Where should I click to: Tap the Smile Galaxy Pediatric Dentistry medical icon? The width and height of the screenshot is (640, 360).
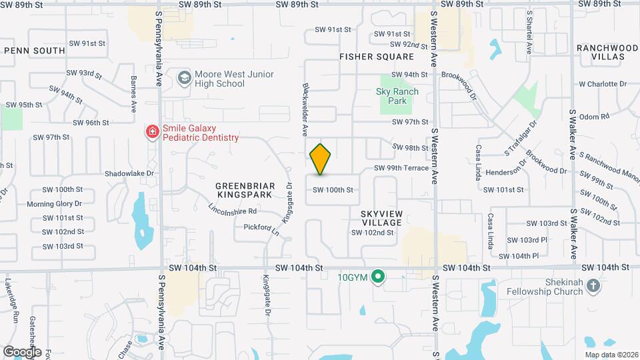[153, 132]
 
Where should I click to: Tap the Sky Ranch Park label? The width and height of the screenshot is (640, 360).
[397, 96]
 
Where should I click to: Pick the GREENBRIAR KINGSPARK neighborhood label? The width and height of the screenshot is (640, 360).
[244, 189]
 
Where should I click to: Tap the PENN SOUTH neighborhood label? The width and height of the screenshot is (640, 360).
[35, 51]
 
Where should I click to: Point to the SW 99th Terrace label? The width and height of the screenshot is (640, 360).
[401, 168]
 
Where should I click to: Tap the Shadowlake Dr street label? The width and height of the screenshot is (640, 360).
[129, 173]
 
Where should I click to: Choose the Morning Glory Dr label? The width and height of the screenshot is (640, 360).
[54, 204]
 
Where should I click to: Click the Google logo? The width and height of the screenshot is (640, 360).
[23, 351]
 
